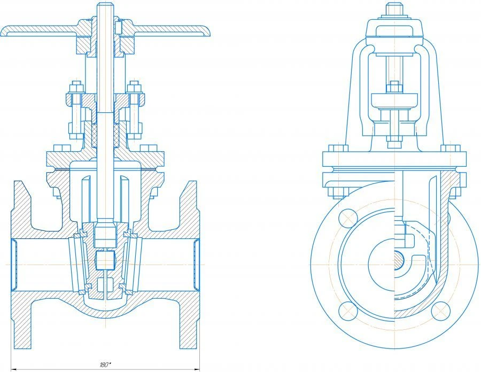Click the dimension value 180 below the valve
105,364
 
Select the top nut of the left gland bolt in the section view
74,87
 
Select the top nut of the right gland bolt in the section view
135,87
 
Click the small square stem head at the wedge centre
105,260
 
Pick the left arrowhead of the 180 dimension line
13,368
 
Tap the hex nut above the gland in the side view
394,86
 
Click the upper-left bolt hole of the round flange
348,218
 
